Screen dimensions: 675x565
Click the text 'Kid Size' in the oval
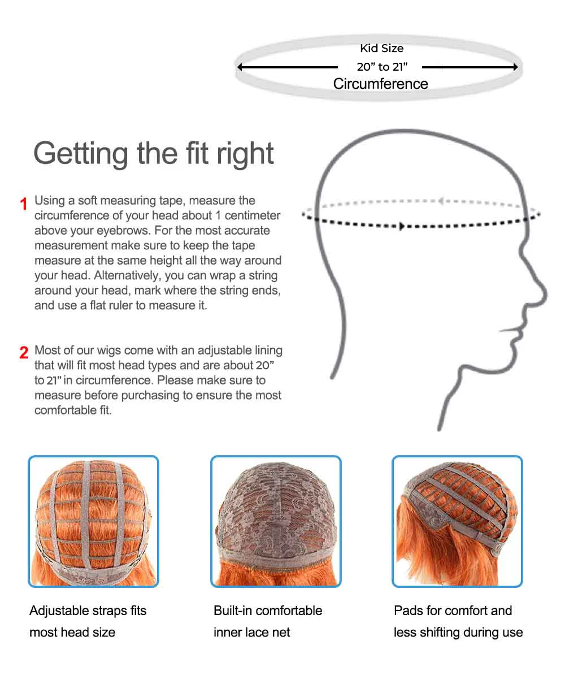click(x=382, y=49)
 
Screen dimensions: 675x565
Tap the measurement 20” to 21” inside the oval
click(x=382, y=67)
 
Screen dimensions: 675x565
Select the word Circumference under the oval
click(x=380, y=84)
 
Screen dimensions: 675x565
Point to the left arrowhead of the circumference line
click(x=240, y=67)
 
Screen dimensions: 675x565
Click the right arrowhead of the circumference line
click(x=515, y=67)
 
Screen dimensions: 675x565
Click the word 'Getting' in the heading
click(x=81, y=153)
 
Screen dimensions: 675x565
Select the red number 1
click(x=24, y=204)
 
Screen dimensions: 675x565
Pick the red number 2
click(x=24, y=353)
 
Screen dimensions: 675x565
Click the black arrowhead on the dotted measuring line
click(x=402, y=226)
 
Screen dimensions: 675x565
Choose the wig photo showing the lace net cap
click(x=276, y=521)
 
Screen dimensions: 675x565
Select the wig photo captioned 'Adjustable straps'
click(x=93, y=521)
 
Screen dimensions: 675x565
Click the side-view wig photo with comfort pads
click(x=457, y=521)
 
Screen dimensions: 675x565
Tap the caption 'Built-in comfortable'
click(x=268, y=611)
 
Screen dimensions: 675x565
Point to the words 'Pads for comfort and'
click(x=453, y=611)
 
